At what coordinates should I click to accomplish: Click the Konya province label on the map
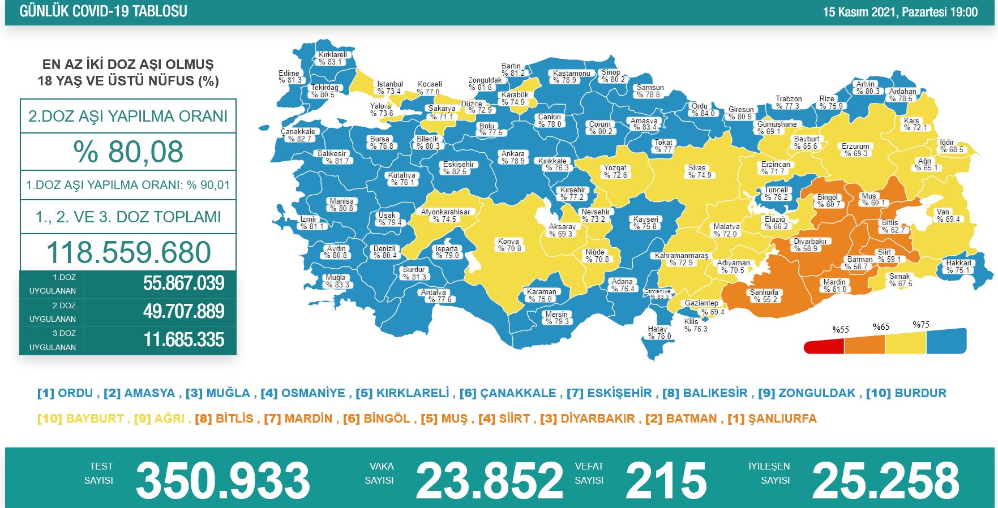509,245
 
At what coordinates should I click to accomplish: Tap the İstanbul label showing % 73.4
389,88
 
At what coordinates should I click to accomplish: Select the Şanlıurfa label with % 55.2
764,296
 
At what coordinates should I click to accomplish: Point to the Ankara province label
513,157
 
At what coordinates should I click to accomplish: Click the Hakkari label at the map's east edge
958,266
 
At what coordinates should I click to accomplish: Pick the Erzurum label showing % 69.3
855,150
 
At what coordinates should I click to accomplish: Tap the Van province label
948,216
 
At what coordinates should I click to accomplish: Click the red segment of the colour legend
824,346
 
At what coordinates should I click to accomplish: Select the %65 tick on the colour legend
881,327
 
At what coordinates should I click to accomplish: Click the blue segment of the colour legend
946,341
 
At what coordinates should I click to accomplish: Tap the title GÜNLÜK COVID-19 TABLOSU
103,11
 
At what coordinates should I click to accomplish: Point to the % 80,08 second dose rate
129,152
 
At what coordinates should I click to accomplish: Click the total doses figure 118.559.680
129,252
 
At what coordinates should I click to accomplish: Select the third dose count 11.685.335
183,340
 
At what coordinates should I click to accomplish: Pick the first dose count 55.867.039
183,283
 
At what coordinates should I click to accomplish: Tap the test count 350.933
223,480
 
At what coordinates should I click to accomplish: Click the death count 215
666,480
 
